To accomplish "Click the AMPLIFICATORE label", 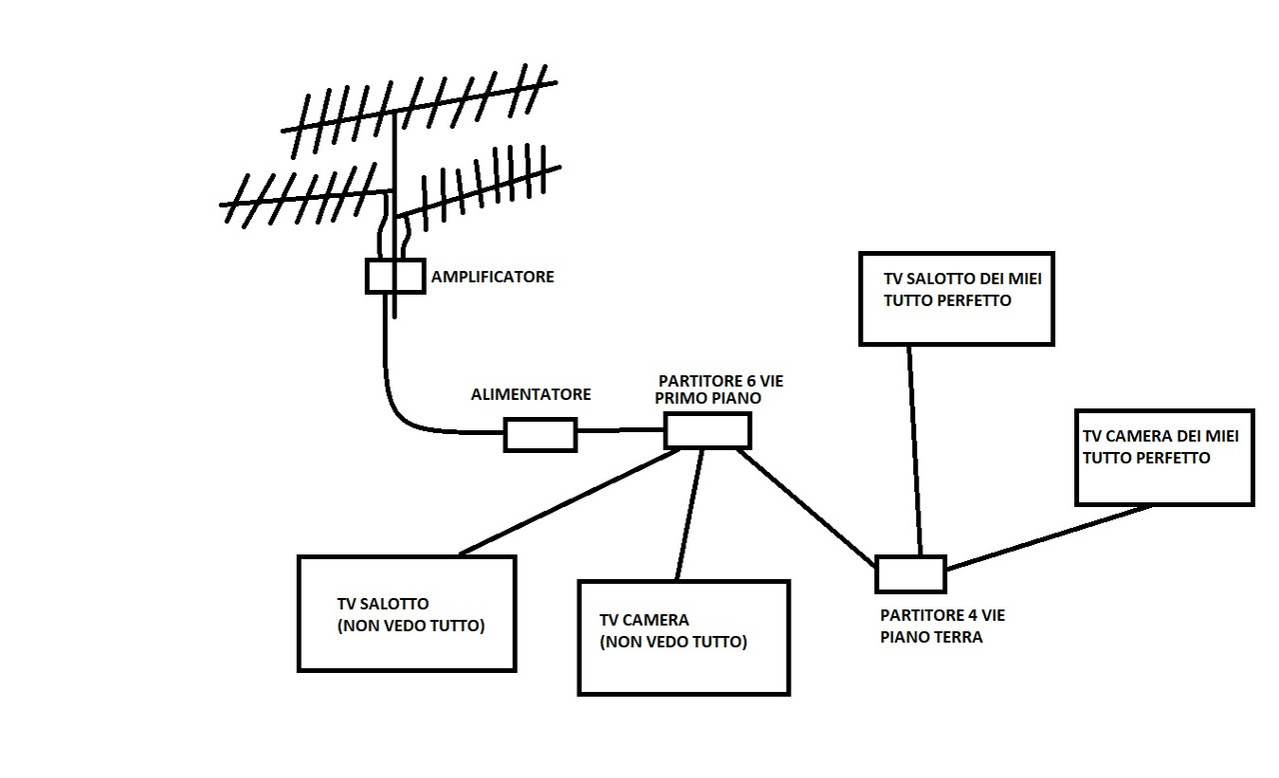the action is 493,277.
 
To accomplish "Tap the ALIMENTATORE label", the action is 531,395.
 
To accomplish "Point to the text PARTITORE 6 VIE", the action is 720,381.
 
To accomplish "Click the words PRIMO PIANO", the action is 708,399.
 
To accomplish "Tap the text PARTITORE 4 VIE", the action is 942,616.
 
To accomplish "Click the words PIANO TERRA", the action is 931,637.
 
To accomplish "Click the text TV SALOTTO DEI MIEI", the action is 962,279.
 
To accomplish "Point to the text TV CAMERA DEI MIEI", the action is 1161,436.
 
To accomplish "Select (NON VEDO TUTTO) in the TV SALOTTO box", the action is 411,626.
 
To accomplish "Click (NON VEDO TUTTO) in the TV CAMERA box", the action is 673,642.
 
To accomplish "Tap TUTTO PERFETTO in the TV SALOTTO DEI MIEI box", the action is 947,300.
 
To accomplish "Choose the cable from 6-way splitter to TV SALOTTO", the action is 570,502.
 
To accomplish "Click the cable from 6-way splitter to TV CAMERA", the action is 689,515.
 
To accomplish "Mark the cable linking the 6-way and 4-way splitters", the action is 806,508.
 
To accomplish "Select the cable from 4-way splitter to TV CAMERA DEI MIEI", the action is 1048,538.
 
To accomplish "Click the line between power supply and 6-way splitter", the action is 621,431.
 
